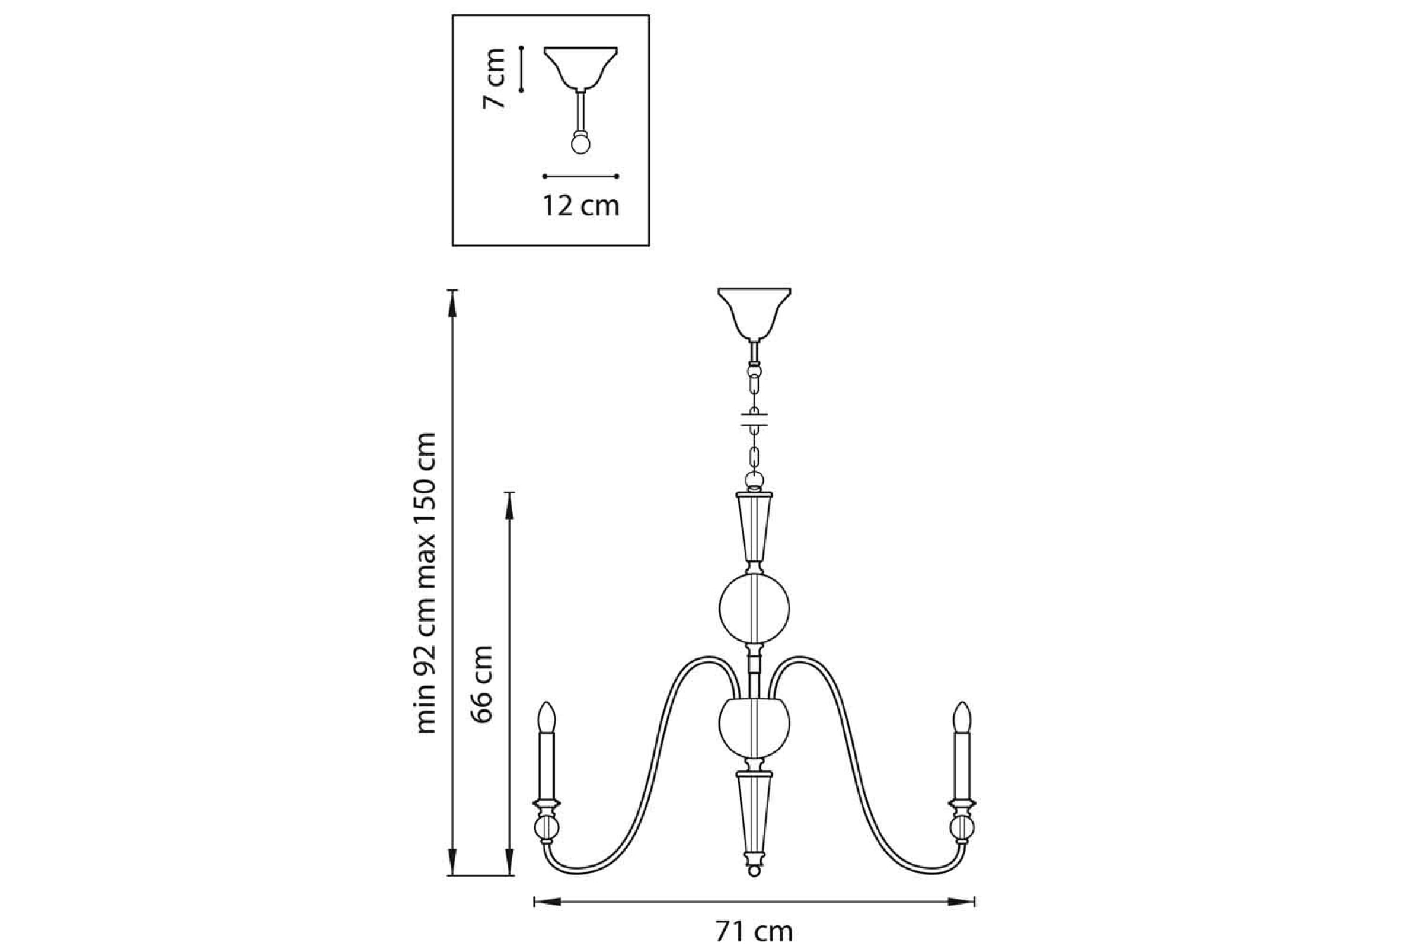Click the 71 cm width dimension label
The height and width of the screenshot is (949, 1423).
point(754,931)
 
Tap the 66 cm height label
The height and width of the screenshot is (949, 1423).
point(482,684)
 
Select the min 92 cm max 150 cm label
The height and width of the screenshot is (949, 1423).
point(426,583)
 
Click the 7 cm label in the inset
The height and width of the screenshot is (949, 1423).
point(494,79)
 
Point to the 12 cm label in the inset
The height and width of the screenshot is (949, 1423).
point(581,206)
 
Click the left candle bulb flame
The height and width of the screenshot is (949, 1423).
point(546,717)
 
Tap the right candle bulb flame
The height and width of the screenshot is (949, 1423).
point(962,717)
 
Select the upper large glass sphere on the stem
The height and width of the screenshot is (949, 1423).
point(754,609)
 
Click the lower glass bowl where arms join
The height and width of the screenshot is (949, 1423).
point(754,728)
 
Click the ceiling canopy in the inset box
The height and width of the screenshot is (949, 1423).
point(581,68)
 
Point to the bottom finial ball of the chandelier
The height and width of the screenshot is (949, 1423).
point(754,871)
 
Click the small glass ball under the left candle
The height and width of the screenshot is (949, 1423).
point(546,828)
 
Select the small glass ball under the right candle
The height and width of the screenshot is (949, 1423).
point(962,828)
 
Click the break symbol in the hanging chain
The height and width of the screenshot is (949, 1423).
point(754,419)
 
